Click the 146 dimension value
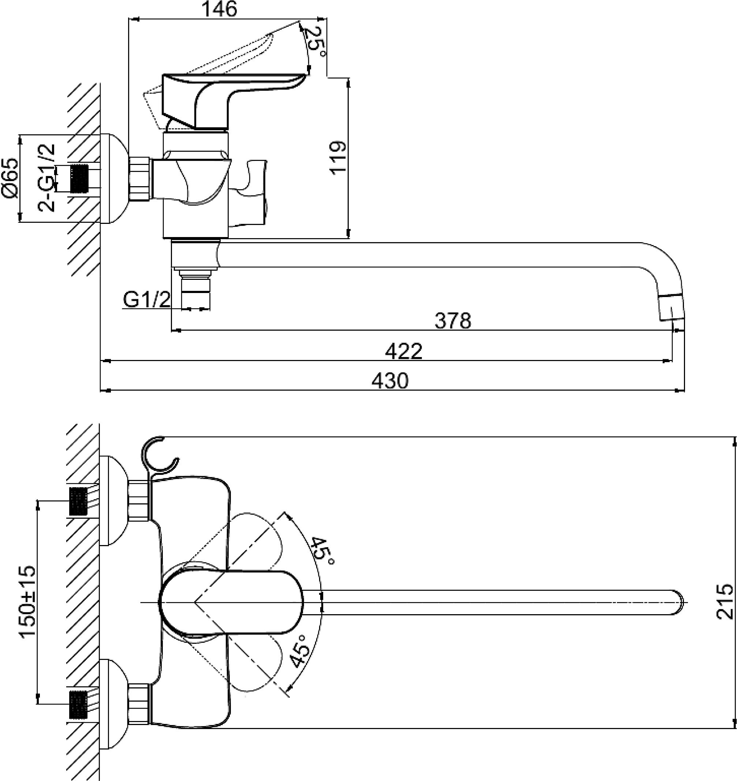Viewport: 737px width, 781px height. [x=219, y=9]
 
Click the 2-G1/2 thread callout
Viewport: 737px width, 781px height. [x=46, y=178]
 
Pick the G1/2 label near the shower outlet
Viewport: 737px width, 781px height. [x=147, y=300]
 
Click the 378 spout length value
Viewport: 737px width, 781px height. [x=452, y=321]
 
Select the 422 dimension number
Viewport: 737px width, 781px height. [x=404, y=351]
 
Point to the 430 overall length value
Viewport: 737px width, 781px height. [x=390, y=381]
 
